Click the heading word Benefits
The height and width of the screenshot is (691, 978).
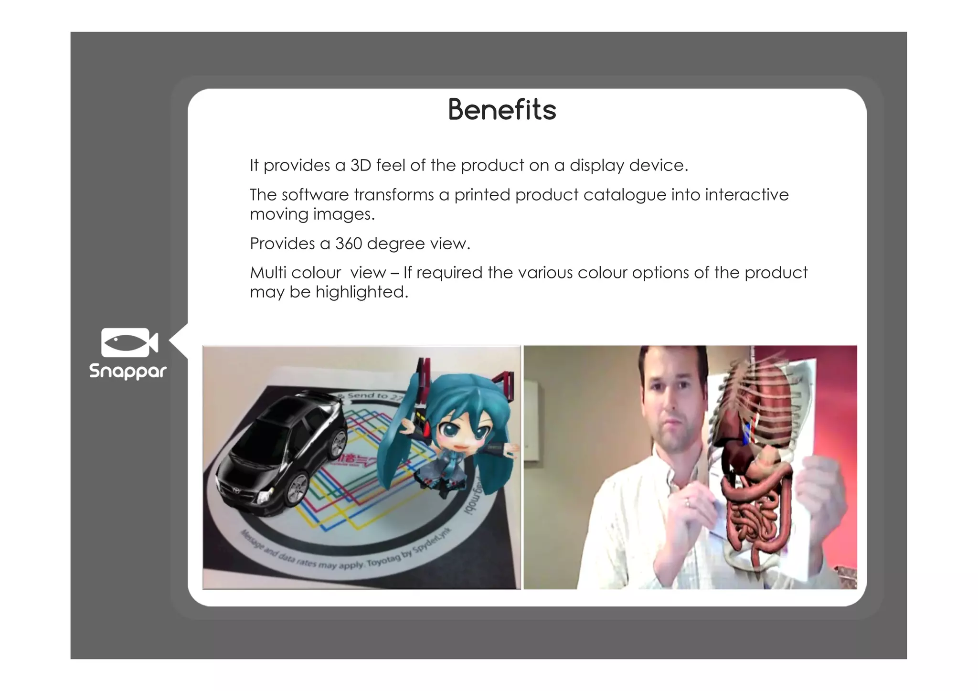click(502, 110)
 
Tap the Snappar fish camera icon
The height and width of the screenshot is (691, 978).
click(129, 342)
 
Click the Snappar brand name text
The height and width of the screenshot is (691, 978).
click(128, 372)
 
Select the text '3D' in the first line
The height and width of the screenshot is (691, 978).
click(361, 165)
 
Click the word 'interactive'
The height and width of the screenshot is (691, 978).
click(746, 195)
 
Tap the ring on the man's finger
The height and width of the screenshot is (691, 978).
click(687, 502)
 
